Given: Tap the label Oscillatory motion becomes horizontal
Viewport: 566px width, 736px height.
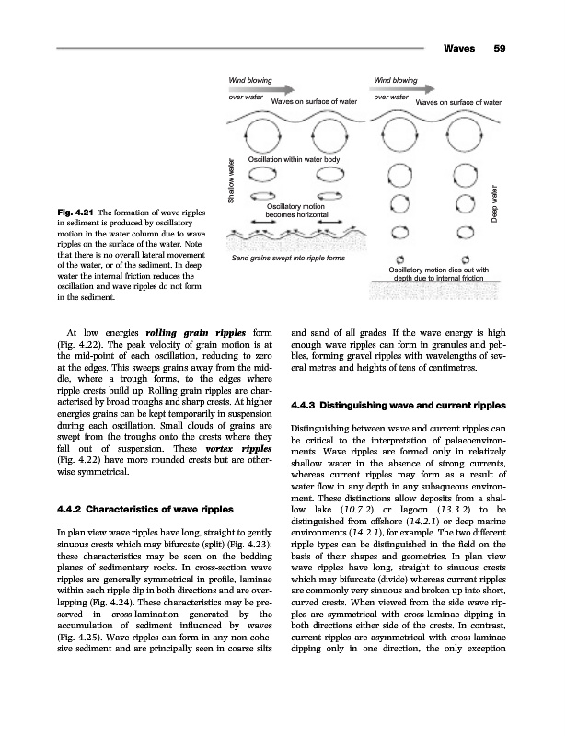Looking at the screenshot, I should pyautogui.click(x=295, y=211).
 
